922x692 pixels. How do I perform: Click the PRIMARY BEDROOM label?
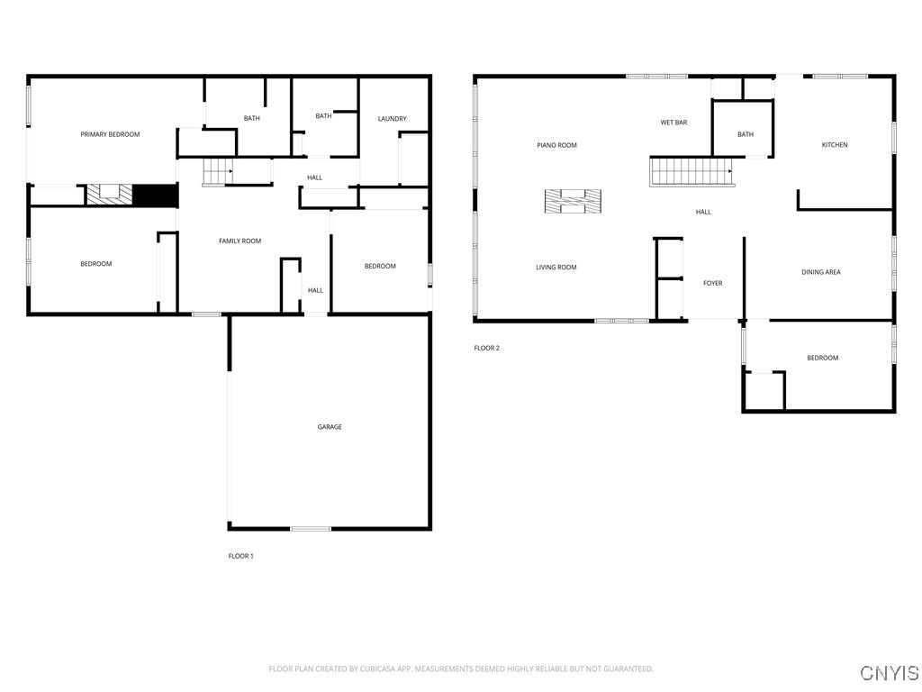[x=110, y=134]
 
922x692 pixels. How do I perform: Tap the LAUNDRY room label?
[x=392, y=119]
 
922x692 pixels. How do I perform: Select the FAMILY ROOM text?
[x=240, y=241]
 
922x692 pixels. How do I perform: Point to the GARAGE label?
[x=330, y=427]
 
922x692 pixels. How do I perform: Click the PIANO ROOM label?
[x=556, y=145]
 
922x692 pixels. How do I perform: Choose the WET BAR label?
[x=673, y=123]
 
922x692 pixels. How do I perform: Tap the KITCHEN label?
[x=834, y=145]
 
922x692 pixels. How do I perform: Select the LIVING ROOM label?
[x=556, y=268]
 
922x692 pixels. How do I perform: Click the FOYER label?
[x=712, y=284]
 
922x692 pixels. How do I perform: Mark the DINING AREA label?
[x=820, y=272]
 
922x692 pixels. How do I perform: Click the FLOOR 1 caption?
[x=240, y=556]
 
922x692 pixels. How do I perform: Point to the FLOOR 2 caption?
[x=486, y=348]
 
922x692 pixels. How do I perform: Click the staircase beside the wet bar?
[x=691, y=170]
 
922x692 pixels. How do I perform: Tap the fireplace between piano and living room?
[x=572, y=202]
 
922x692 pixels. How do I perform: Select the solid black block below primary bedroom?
[x=154, y=195]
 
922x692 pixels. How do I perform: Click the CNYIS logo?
[x=889, y=673]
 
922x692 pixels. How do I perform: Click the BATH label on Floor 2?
[x=745, y=135]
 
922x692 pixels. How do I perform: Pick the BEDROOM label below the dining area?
[x=821, y=358]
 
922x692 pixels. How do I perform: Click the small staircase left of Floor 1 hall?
[x=217, y=170]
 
